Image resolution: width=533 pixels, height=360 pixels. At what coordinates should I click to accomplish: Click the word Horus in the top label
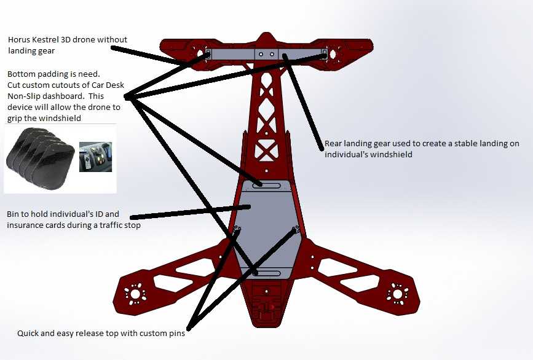tap(19, 39)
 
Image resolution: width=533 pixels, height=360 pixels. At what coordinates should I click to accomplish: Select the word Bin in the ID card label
tap(14, 214)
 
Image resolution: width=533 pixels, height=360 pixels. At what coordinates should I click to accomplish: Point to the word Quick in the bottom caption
tap(28, 333)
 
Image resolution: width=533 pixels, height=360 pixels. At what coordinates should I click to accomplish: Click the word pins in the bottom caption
tap(177, 334)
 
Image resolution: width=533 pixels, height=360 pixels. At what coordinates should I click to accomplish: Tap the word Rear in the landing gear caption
tap(332, 144)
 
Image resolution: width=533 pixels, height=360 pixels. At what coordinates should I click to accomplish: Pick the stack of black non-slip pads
tap(40, 158)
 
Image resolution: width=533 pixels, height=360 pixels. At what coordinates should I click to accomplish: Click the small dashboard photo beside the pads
tap(95, 157)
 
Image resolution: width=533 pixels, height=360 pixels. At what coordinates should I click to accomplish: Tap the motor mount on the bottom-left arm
tap(135, 294)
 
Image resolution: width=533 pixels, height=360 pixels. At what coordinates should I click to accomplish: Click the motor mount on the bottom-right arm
tap(397, 293)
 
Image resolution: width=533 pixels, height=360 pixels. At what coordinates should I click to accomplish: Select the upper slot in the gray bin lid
tap(267, 186)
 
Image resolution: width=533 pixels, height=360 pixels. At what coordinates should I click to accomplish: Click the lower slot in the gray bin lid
tap(267, 273)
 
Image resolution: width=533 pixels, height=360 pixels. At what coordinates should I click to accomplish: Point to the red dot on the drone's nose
tap(271, 307)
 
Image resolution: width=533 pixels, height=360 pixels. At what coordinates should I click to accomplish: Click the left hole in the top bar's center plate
tap(261, 54)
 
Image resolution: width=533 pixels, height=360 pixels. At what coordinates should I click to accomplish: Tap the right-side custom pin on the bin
tap(296, 230)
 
